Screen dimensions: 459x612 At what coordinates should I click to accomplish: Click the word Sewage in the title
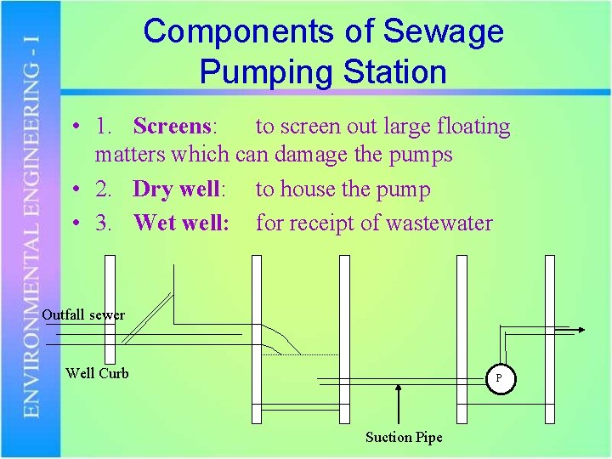tap(444, 32)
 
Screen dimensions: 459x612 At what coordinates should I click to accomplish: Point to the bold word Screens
tap(172, 127)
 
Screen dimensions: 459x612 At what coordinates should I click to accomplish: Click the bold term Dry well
tap(176, 190)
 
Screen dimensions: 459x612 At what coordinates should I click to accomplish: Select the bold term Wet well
tap(178, 224)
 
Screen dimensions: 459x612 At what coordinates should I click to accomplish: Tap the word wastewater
tap(439, 224)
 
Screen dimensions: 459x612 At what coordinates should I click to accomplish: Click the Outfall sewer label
tap(83, 314)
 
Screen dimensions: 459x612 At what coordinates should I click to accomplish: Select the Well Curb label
tap(97, 373)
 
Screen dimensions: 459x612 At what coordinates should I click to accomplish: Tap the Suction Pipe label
tap(404, 437)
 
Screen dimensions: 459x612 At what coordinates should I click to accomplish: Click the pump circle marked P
tap(499, 378)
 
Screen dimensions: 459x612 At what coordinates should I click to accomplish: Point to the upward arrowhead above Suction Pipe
tap(399, 388)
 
